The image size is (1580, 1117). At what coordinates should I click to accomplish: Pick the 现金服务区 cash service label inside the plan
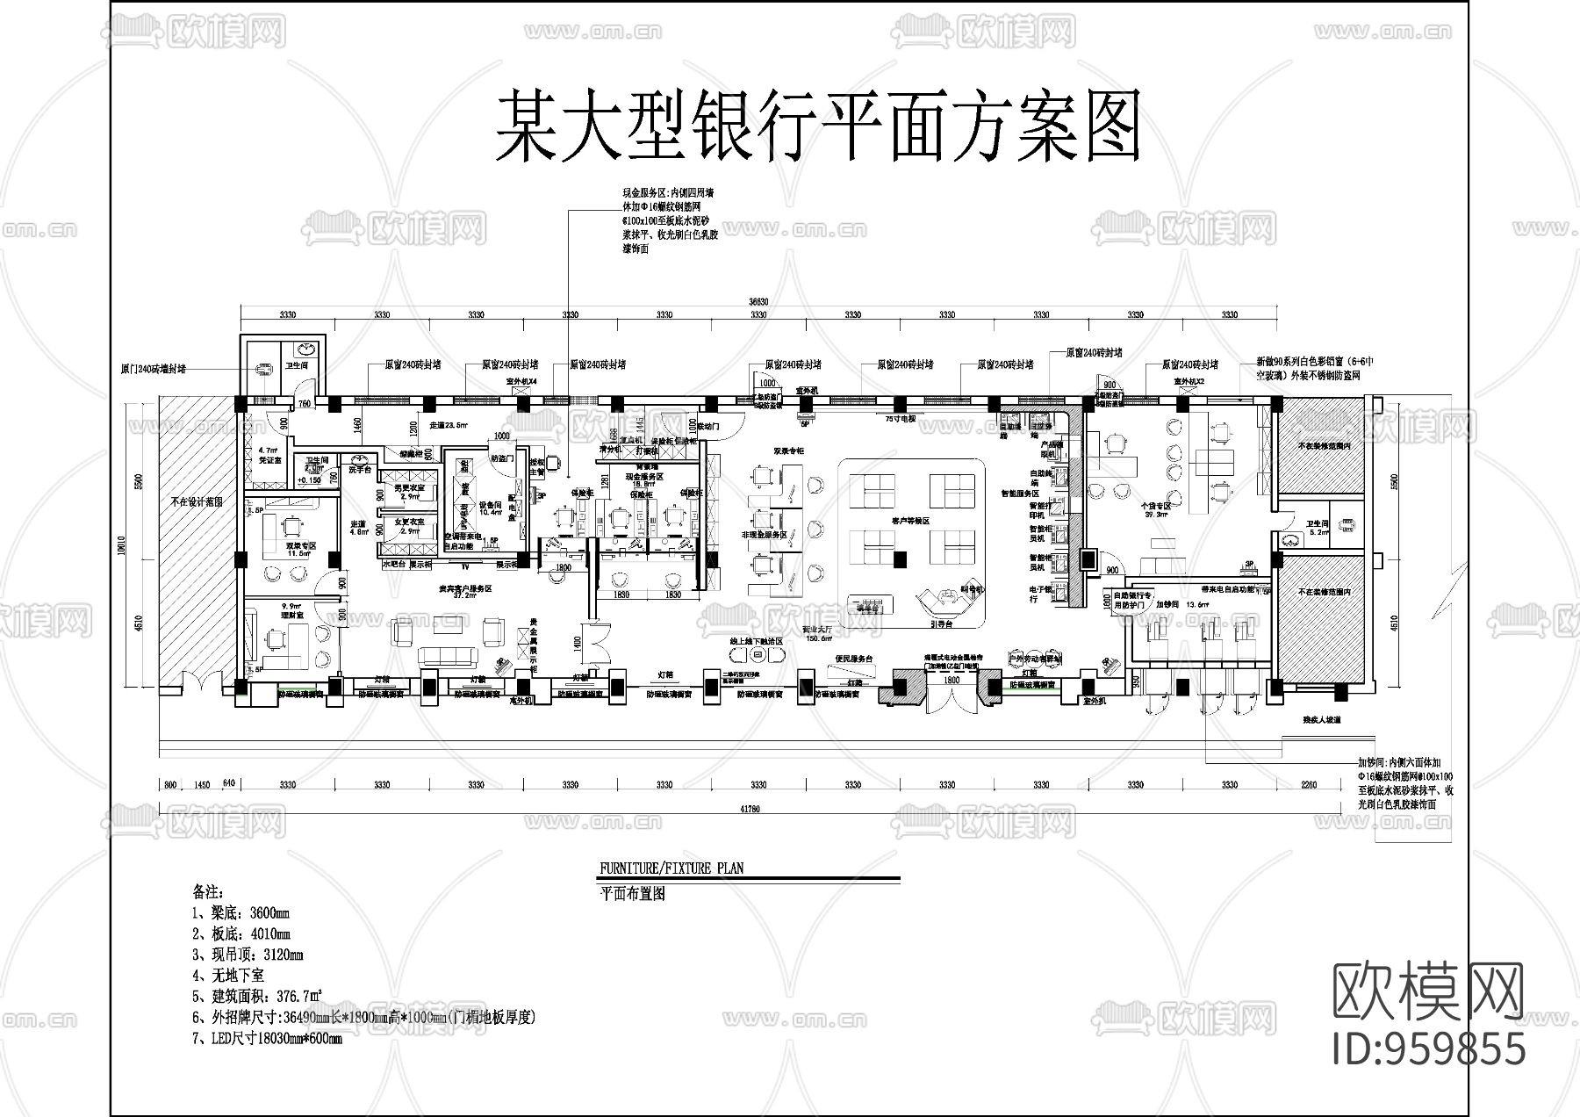643,475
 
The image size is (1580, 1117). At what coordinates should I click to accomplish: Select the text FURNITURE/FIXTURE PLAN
671,868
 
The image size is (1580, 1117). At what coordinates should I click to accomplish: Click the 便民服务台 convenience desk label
854,658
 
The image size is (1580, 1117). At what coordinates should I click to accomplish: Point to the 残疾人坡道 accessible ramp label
1322,720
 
